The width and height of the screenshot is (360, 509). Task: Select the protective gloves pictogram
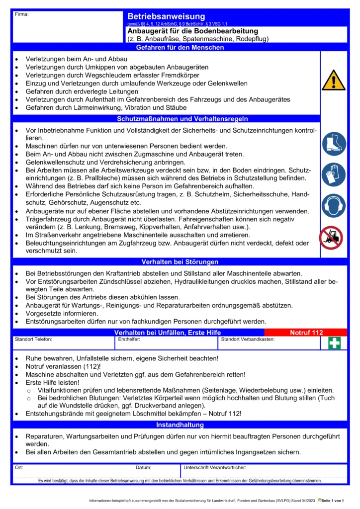333,174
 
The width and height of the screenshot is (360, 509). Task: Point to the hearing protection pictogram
333,206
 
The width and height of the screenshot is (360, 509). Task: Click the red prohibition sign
331,238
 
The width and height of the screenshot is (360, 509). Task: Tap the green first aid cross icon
334,343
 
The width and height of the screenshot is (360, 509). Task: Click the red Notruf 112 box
306,332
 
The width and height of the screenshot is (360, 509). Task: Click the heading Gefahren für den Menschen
180,48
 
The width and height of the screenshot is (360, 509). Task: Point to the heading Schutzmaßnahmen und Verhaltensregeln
182,119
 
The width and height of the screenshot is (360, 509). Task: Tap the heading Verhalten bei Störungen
180,261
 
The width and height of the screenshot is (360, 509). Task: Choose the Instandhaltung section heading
180,425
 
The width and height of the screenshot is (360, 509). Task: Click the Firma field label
21,14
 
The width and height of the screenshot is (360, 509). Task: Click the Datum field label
144,468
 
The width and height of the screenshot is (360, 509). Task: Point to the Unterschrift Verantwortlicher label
215,468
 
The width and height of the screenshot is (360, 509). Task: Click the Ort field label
19,468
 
